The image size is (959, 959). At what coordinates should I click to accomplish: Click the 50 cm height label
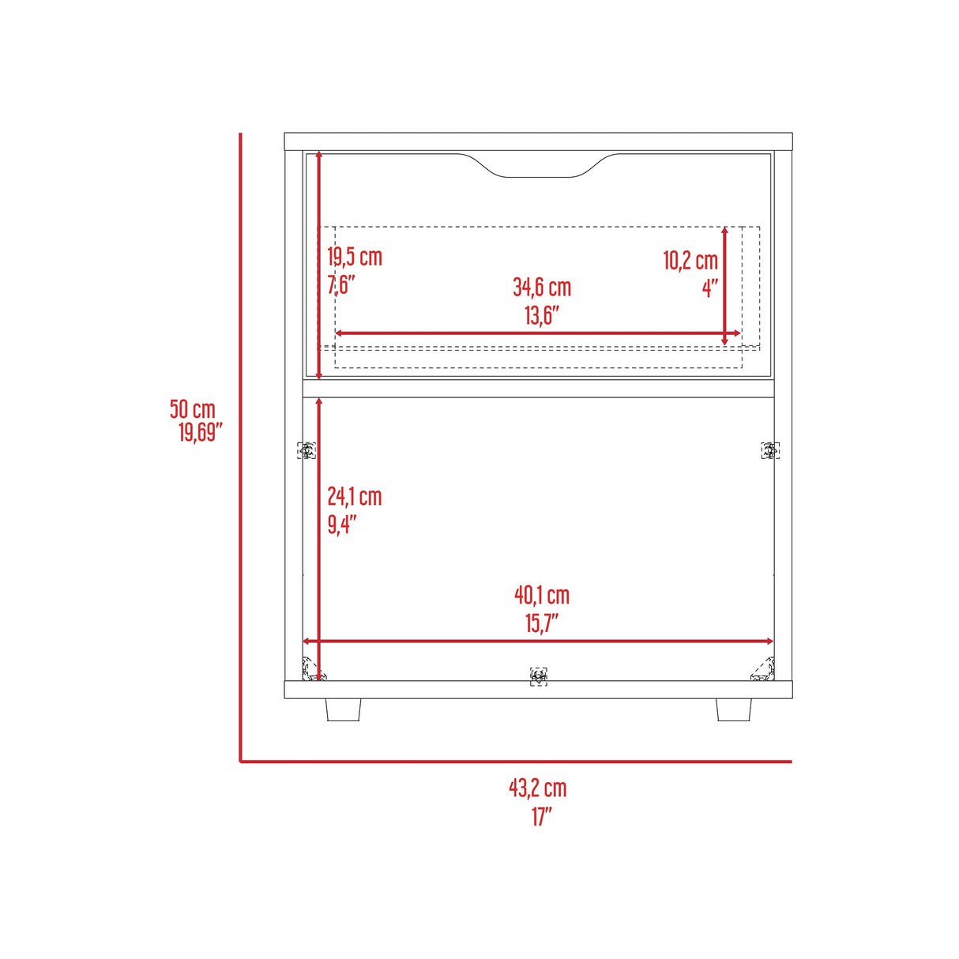click(x=192, y=409)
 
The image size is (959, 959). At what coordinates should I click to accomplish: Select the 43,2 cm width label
click(x=537, y=788)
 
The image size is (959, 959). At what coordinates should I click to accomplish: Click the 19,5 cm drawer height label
click(x=355, y=258)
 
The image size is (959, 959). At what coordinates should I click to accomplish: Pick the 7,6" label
click(x=341, y=285)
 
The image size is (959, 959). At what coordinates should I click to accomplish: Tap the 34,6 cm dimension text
click(x=542, y=288)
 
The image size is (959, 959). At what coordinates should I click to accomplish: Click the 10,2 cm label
click(x=690, y=260)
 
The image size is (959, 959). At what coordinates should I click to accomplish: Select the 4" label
click(x=710, y=288)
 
